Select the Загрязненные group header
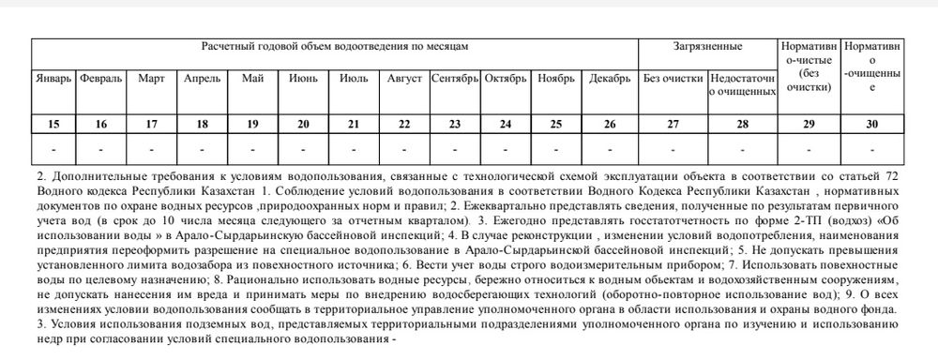707,46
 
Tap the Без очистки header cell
672,78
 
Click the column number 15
53,124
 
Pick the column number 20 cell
303,124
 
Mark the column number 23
455,124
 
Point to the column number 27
672,124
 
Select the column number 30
872,124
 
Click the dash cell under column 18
201,148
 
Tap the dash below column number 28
742,148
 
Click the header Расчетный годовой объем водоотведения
334,46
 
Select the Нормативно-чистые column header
809,66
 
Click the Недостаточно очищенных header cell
742,84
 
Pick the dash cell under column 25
556,148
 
